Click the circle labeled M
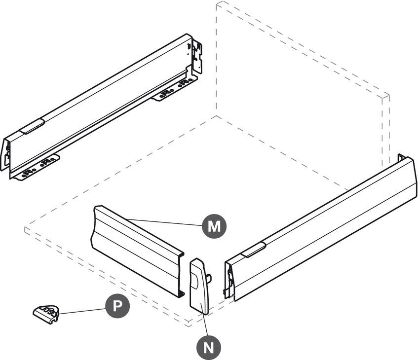214,226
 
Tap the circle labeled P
117,306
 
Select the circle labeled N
209,348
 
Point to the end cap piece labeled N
199,286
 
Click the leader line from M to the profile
163,222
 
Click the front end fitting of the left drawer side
5,154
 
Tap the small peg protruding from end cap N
210,279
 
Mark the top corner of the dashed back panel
218,3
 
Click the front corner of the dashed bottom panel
189,324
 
